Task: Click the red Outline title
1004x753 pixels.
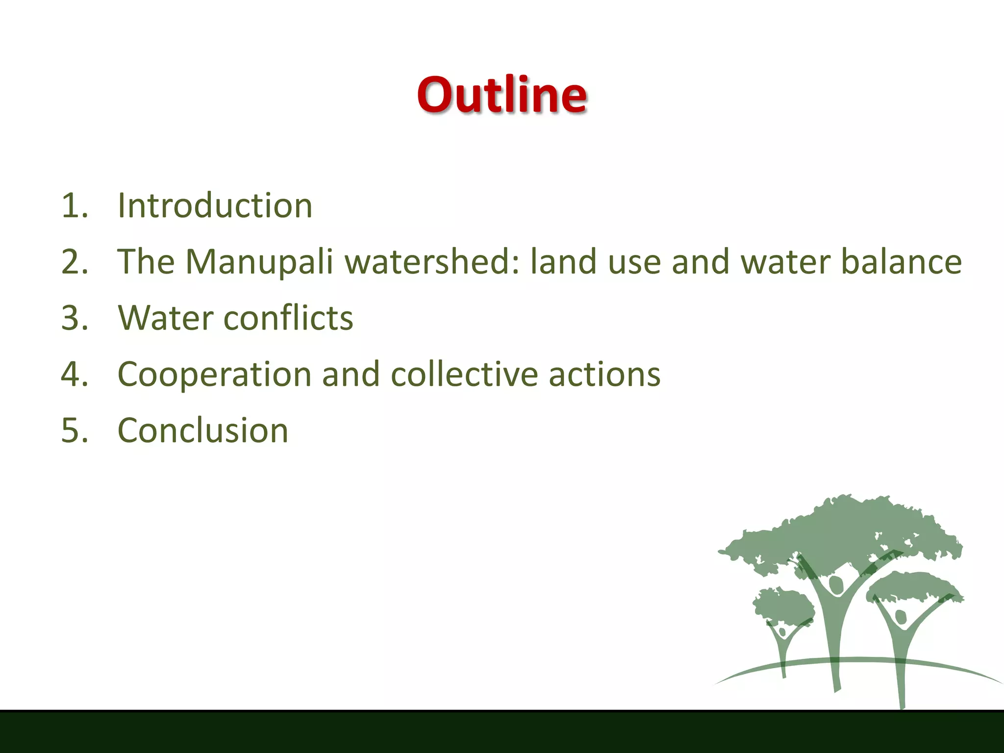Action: [502, 94]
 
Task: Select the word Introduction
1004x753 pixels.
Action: [215, 205]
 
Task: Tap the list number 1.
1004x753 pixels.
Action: [74, 205]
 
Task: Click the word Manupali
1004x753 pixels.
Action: [259, 262]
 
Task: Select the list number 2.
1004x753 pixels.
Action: [74, 262]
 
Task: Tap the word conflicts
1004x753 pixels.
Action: [288, 318]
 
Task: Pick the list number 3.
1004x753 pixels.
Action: [74, 318]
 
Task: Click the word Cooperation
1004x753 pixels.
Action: [214, 375]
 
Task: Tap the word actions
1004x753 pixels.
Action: [604, 375]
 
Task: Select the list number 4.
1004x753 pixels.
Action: [74, 375]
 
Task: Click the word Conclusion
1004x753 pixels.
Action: [203, 431]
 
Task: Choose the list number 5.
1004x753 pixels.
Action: [74, 431]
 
